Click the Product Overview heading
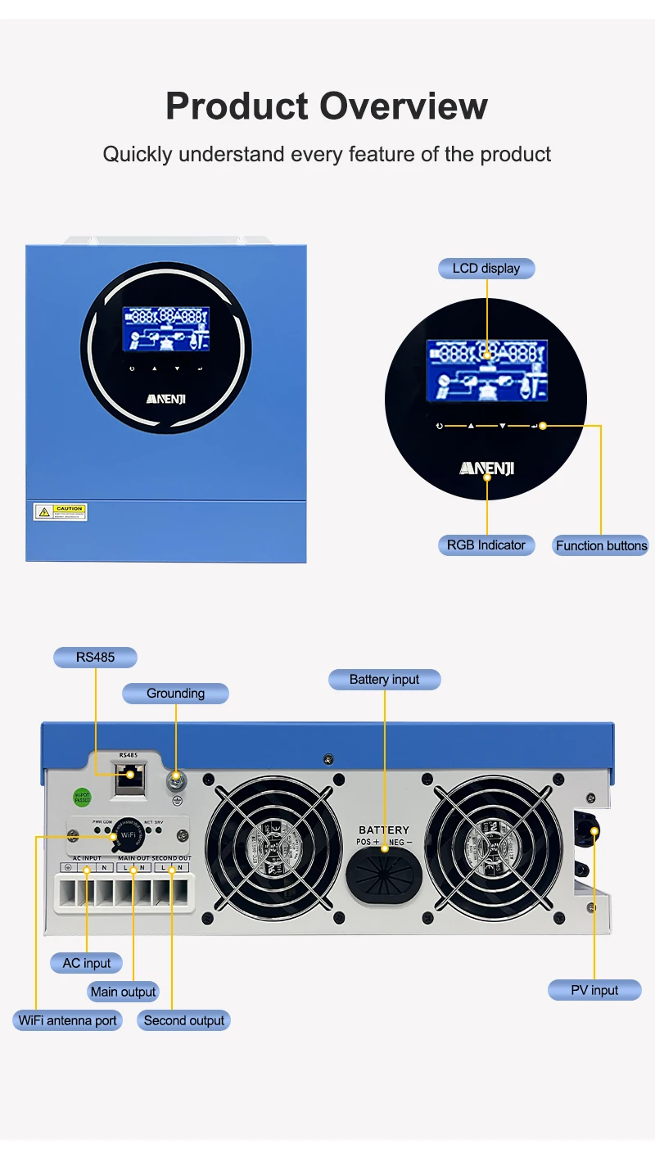[327, 106]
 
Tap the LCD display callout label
[486, 268]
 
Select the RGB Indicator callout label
[486, 545]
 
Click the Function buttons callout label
[601, 545]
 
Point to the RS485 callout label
[95, 657]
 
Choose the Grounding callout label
[175, 694]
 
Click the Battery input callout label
[384, 679]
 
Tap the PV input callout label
[594, 990]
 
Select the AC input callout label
[86, 963]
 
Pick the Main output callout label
[123, 992]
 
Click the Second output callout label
[183, 1020]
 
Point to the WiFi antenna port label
[68, 1020]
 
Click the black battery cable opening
[383, 873]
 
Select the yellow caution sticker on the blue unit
[60, 512]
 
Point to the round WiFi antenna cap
[127, 836]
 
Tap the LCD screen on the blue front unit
[166, 329]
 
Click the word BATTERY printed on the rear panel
[383, 830]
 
